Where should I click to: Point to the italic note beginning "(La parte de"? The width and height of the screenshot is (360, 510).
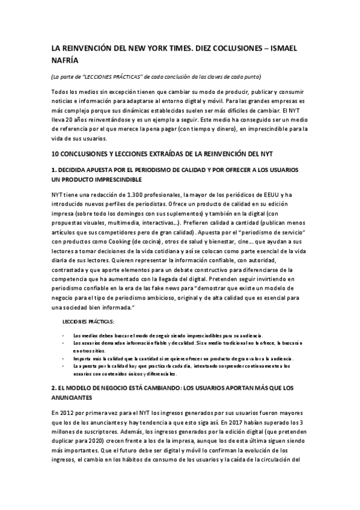pyautogui.click(x=156, y=76)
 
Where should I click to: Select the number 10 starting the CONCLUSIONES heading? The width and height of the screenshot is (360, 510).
pyautogui.click(x=55, y=154)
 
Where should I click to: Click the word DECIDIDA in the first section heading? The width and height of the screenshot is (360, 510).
pyautogui.click(x=79, y=170)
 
